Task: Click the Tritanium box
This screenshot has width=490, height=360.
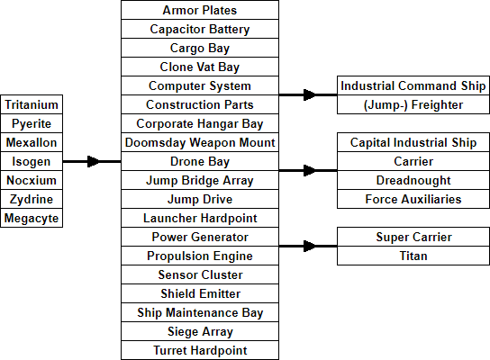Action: tap(32, 104)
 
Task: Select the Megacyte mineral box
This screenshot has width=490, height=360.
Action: tap(32, 218)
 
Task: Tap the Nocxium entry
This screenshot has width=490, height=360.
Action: tap(32, 180)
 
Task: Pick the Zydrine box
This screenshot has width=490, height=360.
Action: tap(32, 199)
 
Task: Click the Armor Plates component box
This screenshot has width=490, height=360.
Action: tap(200, 10)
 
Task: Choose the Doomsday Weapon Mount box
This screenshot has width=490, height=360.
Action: tap(200, 142)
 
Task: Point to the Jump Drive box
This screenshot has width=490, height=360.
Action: tap(200, 199)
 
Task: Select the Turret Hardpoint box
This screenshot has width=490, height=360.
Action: tap(200, 350)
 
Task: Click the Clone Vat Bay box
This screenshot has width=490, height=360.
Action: tap(200, 67)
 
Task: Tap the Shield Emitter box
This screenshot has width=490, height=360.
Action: tap(200, 293)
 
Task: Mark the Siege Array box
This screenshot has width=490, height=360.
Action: tap(200, 331)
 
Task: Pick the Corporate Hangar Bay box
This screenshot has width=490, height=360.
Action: tap(200, 123)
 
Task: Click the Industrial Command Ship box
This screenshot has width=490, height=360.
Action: tap(413, 85)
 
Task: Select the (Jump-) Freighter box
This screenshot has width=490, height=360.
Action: tap(413, 104)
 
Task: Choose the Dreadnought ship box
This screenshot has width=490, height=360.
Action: tap(413, 180)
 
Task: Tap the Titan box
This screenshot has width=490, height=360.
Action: tap(413, 256)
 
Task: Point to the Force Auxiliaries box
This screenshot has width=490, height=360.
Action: tap(413, 199)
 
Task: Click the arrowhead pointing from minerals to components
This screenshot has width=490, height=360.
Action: tap(94, 161)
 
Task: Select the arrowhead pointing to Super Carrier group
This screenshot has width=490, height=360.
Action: tap(310, 246)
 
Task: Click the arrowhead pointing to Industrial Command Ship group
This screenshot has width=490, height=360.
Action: tap(310, 94)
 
